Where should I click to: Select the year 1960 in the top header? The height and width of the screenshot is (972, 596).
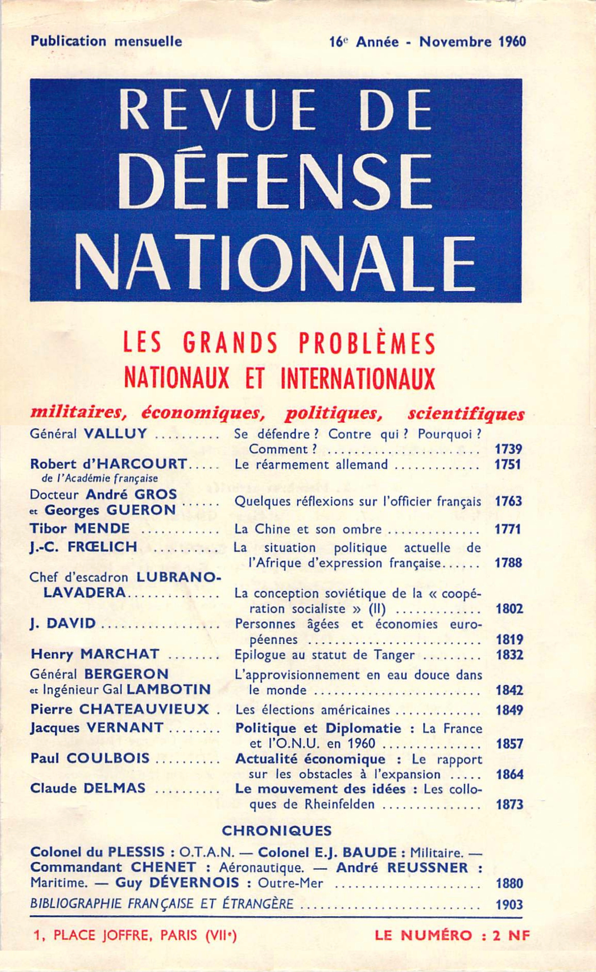(x=512, y=42)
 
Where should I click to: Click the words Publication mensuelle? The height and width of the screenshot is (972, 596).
(x=106, y=41)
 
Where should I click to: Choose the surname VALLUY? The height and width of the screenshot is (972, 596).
(x=115, y=434)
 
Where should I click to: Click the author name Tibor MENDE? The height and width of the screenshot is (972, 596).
(x=80, y=528)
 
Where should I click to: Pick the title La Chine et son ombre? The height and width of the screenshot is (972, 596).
(x=308, y=529)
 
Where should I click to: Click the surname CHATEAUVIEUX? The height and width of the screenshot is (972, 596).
(x=144, y=709)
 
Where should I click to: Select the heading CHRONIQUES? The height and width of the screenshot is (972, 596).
(x=276, y=831)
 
